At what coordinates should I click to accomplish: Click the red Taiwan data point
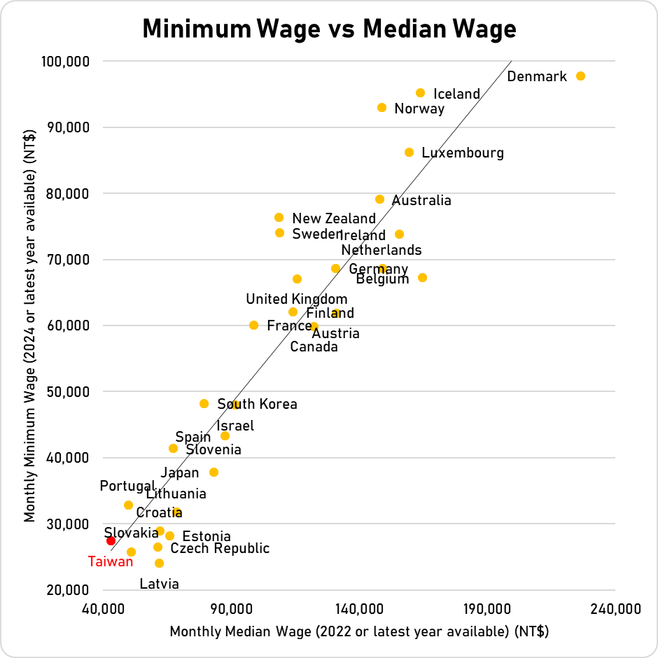[111, 540]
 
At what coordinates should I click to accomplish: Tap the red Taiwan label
[110, 561]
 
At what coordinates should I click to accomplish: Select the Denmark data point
[580, 76]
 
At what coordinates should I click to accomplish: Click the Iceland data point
[421, 92]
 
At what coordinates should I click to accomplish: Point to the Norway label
[419, 108]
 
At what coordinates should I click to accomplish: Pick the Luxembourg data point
[409, 152]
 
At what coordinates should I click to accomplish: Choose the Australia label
[421, 201]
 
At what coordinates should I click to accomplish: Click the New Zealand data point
[279, 218]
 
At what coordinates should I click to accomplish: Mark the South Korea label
[257, 404]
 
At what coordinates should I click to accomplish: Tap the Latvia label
[159, 584]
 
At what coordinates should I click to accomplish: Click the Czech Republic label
[220, 548]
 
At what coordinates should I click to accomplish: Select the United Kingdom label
[297, 300]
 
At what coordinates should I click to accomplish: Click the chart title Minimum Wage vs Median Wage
[329, 29]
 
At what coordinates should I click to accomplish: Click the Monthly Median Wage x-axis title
[358, 631]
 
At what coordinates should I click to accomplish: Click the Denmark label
[537, 76]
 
